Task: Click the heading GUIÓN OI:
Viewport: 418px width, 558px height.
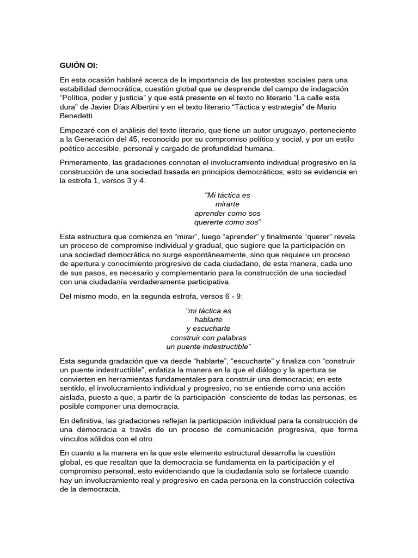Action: click(x=79, y=66)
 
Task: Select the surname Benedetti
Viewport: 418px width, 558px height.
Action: click(x=78, y=116)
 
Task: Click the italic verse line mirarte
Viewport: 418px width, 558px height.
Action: click(x=228, y=204)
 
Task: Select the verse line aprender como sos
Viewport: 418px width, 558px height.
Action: click(x=228, y=213)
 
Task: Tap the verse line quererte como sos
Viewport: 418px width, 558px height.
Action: click(x=228, y=222)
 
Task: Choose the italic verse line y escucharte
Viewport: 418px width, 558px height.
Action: click(x=208, y=329)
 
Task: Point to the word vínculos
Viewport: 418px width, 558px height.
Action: click(x=75, y=439)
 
